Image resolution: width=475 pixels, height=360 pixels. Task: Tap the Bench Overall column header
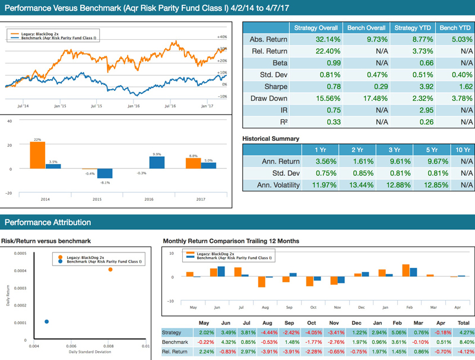pyautogui.click(x=365, y=27)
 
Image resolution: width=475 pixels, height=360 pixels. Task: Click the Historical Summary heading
pyautogui.click(x=271, y=138)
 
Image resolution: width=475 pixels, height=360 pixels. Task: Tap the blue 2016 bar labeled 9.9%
pyautogui.click(x=157, y=163)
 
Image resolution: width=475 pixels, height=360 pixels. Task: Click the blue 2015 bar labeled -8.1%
pyautogui.click(x=105, y=173)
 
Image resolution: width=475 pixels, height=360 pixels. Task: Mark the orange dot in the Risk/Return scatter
pyautogui.click(x=110, y=270)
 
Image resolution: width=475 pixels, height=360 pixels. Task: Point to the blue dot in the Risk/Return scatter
pyautogui.click(x=47, y=321)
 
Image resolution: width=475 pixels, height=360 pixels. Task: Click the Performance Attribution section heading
pyautogui.click(x=48, y=222)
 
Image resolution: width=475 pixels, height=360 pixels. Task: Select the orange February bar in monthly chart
pyautogui.click(x=406, y=270)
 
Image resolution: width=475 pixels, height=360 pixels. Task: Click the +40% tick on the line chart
pyautogui.click(x=223, y=37)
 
